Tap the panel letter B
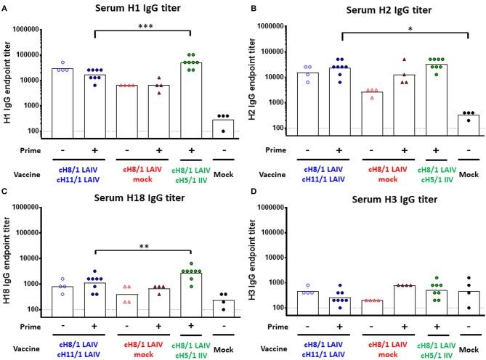click(x=251, y=5)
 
